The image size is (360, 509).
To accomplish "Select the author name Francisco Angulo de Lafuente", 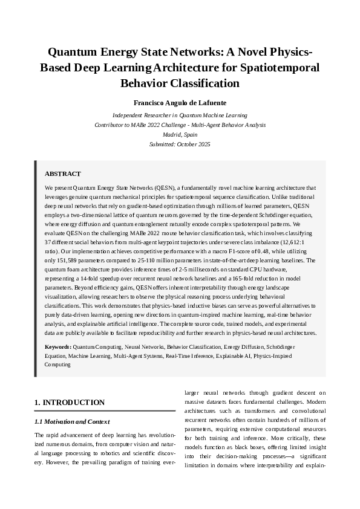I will tap(180, 103).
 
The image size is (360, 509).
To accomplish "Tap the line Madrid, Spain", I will tap(180, 135).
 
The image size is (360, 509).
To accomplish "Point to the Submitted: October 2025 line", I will tap(180, 144).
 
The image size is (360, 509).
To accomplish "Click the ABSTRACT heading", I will tap(63, 173).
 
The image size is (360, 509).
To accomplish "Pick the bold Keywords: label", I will tap(59, 347).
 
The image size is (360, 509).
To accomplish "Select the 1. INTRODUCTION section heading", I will tap(70, 403).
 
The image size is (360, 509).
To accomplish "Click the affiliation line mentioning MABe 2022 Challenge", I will tap(180, 125).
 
